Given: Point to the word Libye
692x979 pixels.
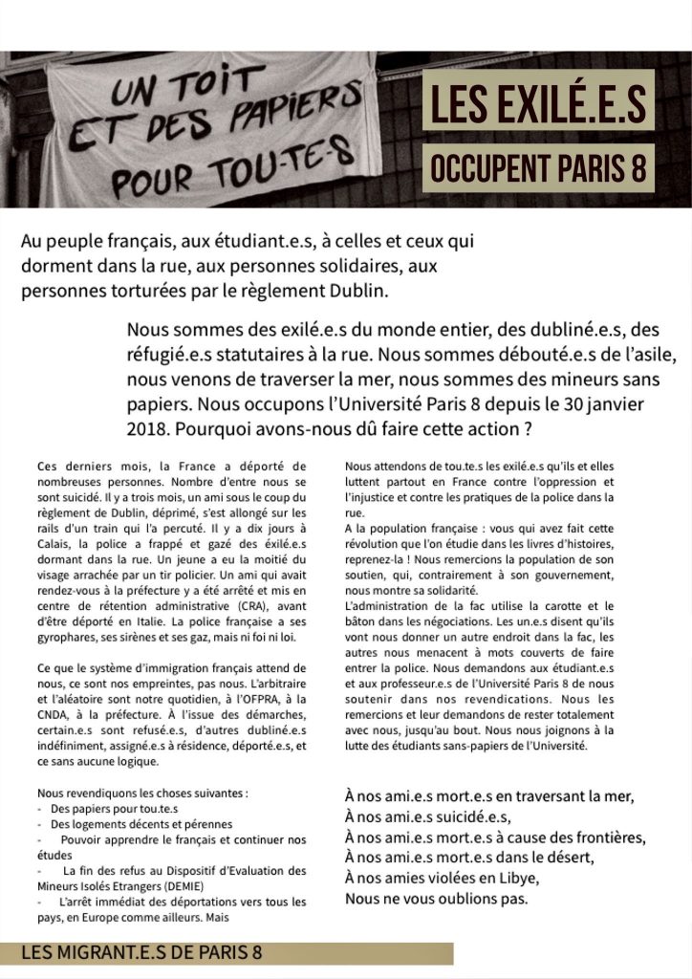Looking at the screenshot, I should tap(518, 879).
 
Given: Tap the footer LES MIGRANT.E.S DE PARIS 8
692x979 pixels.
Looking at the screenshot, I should tap(141, 952).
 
